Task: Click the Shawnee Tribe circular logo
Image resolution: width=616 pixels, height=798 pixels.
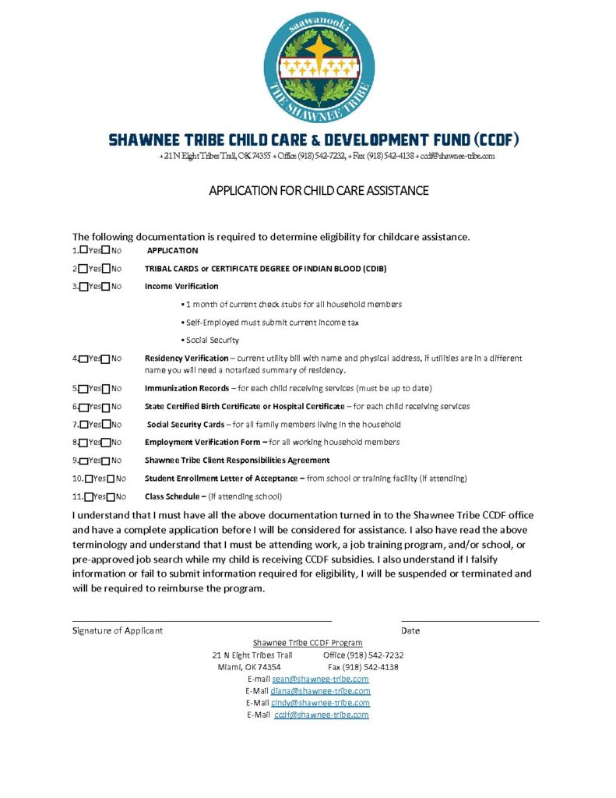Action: pyautogui.click(x=319, y=67)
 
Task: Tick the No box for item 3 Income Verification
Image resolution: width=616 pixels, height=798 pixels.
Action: pyautogui.click(x=106, y=287)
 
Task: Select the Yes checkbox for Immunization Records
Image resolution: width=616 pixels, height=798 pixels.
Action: pyautogui.click(x=83, y=388)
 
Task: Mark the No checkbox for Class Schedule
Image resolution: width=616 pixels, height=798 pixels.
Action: pyautogui.click(x=111, y=497)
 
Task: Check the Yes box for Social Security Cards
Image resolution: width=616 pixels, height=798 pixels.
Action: pyautogui.click(x=83, y=425)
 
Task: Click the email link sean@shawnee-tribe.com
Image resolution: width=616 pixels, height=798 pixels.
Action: pyautogui.click(x=320, y=679)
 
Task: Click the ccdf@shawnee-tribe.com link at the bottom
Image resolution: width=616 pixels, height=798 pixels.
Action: pyautogui.click(x=322, y=715)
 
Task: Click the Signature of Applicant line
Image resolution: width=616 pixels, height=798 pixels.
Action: pyautogui.click(x=202, y=620)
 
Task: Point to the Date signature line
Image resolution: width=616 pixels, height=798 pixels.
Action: pyautogui.click(x=470, y=620)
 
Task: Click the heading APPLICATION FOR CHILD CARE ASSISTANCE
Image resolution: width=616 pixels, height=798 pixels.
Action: pyautogui.click(x=319, y=191)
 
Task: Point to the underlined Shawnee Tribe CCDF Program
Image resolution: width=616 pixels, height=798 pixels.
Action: pyautogui.click(x=308, y=643)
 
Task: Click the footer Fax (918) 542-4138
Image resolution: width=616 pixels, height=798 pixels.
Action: pyautogui.click(x=363, y=667)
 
